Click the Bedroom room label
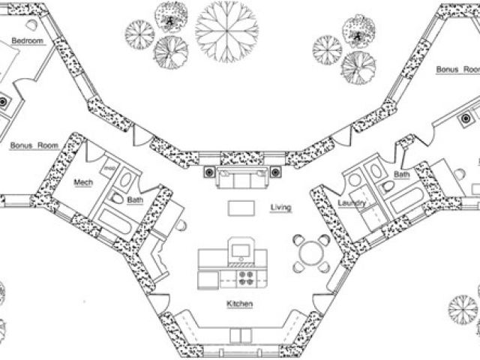[x=27, y=40]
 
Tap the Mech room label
[x=82, y=182]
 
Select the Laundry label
[x=351, y=203]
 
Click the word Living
[x=280, y=206]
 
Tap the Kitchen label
[x=239, y=304]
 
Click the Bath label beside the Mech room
[x=135, y=200]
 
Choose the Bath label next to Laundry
[x=401, y=174]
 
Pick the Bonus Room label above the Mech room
[x=34, y=145]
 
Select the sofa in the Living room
[x=240, y=179]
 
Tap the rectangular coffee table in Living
[x=240, y=206]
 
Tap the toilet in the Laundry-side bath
[x=387, y=185]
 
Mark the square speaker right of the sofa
[x=275, y=173]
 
